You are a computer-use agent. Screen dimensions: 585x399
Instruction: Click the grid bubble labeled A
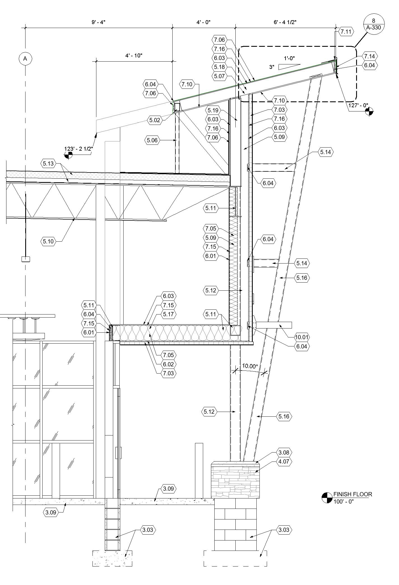click(x=25, y=59)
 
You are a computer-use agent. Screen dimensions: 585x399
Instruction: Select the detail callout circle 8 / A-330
click(x=374, y=24)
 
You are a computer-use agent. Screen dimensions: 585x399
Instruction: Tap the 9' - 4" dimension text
click(x=98, y=22)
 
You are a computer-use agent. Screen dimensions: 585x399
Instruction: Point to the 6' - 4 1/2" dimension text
click(x=285, y=22)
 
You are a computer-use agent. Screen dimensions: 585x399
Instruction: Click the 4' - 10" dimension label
click(x=134, y=55)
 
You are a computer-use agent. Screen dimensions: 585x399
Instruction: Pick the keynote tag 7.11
click(x=346, y=32)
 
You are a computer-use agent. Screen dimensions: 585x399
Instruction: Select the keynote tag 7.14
click(x=369, y=56)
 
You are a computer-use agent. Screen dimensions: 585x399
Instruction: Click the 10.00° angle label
click(x=250, y=366)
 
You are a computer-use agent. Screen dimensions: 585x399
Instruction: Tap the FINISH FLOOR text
click(x=352, y=495)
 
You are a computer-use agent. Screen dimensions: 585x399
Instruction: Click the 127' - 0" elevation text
click(x=358, y=106)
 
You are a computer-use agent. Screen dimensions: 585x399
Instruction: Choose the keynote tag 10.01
click(x=301, y=337)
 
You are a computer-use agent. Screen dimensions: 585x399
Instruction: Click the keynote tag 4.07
click(x=284, y=462)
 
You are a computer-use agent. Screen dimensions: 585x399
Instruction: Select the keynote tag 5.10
click(x=48, y=241)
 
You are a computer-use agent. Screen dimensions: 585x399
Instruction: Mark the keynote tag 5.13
click(x=48, y=163)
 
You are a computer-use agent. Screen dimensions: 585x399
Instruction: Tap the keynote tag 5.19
click(x=213, y=110)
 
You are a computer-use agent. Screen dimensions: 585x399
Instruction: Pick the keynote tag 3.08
click(x=284, y=452)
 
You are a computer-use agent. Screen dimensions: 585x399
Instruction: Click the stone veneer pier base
click(x=235, y=481)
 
